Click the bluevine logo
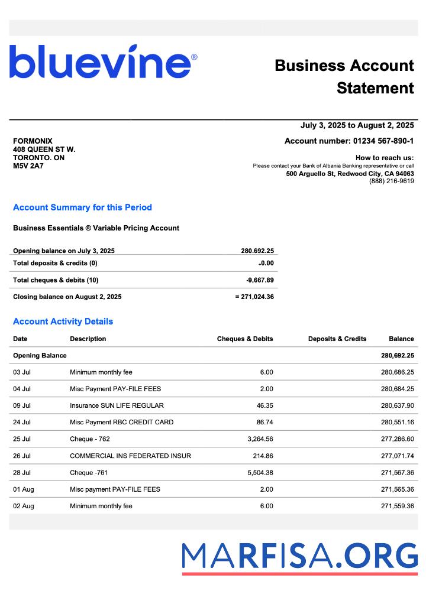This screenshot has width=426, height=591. (x=103, y=62)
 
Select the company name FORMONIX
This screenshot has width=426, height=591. (x=33, y=141)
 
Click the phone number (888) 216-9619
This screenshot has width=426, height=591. (x=391, y=181)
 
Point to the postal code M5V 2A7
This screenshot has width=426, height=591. (x=28, y=166)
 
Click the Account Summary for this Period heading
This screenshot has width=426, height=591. (x=82, y=207)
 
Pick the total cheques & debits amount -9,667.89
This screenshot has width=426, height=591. (x=260, y=280)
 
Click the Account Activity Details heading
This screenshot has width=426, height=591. (x=63, y=322)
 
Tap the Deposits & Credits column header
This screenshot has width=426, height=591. (x=337, y=339)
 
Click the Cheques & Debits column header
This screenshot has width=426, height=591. (x=245, y=339)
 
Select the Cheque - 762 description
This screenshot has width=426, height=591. (x=90, y=439)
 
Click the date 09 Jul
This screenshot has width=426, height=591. (x=22, y=405)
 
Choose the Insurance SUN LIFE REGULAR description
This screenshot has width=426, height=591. (x=117, y=405)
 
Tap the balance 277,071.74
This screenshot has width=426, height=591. (x=397, y=456)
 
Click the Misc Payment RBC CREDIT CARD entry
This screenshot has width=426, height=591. (x=121, y=423)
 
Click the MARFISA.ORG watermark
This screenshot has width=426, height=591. (x=299, y=557)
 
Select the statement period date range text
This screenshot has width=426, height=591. (x=357, y=125)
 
